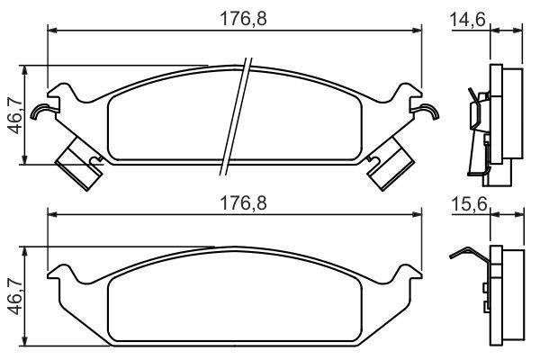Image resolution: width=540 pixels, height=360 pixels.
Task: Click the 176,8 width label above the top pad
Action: tap(243, 19)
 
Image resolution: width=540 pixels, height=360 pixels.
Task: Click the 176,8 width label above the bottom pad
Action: tap(243, 203)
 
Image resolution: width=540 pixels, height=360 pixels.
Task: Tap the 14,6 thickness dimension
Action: tap(468, 19)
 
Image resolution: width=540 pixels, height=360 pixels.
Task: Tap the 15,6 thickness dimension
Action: tap(469, 203)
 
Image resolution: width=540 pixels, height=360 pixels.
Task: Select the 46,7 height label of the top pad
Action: tap(15, 115)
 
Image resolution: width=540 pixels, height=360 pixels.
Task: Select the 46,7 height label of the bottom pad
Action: tap(15, 297)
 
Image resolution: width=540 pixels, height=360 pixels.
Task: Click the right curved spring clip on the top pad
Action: tap(427, 111)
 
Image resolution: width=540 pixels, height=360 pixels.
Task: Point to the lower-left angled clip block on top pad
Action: tap(79, 163)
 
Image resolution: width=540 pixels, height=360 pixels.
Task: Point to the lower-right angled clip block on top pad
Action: tap(391, 163)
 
